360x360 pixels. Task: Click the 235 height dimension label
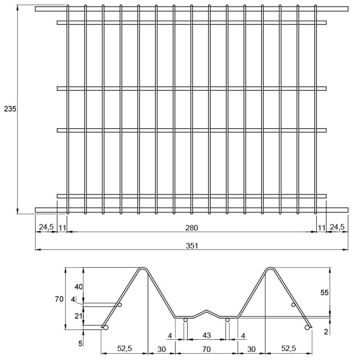(x=10, y=109)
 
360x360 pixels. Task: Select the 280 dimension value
(x=192, y=228)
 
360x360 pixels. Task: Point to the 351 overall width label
(x=192, y=246)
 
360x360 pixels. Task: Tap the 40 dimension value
(x=78, y=287)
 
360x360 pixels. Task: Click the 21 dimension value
(x=78, y=316)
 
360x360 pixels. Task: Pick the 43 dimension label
(x=207, y=335)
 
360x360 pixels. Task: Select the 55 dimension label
(x=324, y=292)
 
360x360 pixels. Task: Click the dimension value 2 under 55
(x=326, y=332)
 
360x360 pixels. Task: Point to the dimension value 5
(x=80, y=343)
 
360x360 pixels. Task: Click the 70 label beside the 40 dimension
(x=59, y=299)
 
